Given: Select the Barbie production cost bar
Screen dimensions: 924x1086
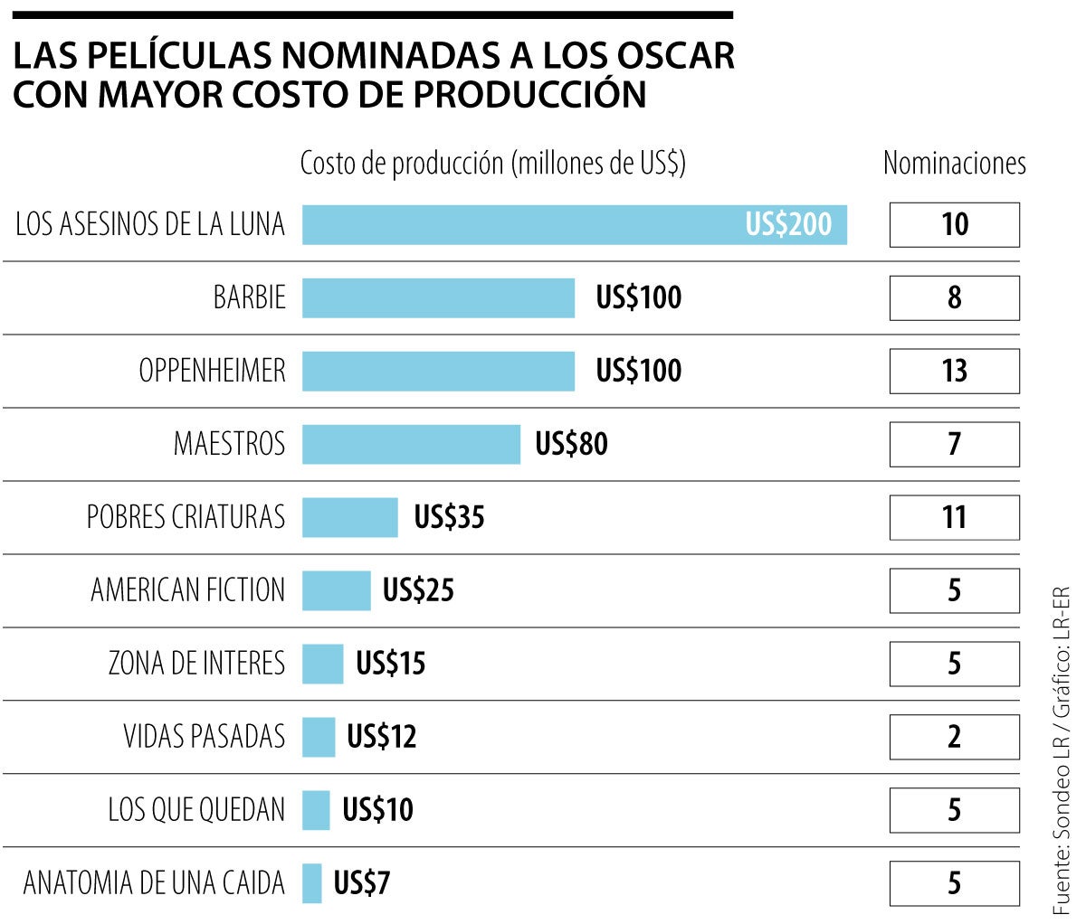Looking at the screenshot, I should tap(438, 297).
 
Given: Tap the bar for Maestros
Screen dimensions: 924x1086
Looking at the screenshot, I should tap(411, 444).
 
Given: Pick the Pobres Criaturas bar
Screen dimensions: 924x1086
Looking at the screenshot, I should tap(349, 517).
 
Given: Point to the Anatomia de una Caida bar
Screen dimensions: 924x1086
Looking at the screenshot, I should tap(311, 883).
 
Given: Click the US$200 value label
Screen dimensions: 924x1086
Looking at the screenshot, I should tap(788, 224).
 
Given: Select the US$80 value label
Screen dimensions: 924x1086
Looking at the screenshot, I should tap(572, 444).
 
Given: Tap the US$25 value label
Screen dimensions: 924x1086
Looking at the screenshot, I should tap(418, 590).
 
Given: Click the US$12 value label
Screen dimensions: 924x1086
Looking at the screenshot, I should tap(382, 737).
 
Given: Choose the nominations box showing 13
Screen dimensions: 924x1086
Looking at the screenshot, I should tap(954, 371).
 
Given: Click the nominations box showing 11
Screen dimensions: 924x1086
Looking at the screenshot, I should tap(954, 517).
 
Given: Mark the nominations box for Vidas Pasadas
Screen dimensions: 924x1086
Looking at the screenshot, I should tap(954, 737).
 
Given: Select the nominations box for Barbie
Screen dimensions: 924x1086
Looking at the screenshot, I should tap(954, 297).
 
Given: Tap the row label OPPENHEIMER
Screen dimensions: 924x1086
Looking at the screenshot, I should tap(212, 371).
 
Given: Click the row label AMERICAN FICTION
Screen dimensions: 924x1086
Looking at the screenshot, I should tap(187, 590).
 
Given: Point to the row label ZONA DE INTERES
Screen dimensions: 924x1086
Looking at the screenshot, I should tap(196, 664).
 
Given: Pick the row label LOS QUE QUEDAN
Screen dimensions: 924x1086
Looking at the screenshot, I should tap(196, 810).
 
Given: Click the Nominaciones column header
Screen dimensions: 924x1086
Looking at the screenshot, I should tap(954, 164).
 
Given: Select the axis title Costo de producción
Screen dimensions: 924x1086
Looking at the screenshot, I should tap(493, 164).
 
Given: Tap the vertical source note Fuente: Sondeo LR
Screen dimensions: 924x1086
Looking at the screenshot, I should tap(1062, 750).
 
